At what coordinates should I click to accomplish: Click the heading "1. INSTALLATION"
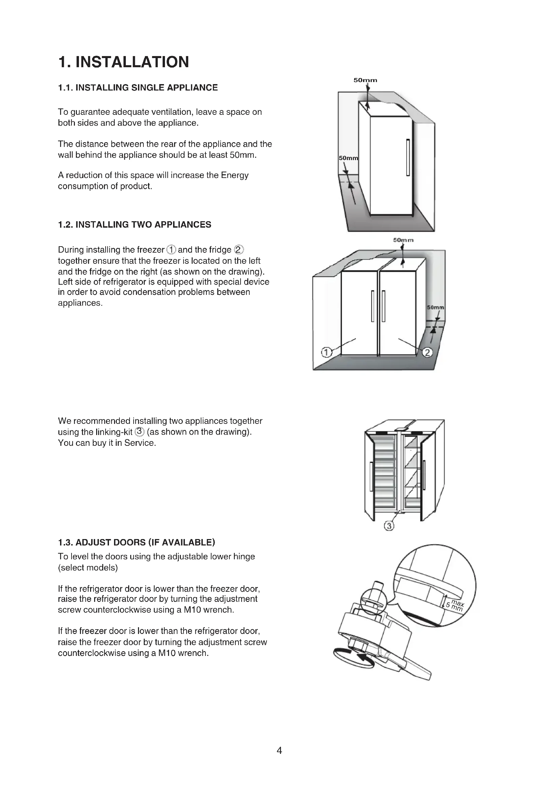pos(124,62)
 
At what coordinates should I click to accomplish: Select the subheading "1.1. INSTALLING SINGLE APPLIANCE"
pos(138,88)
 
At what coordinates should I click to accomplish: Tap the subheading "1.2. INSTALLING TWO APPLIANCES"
pos(134,225)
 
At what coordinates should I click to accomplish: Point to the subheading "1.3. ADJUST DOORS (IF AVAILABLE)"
pos(136,543)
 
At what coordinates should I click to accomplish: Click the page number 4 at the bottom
pos(279,750)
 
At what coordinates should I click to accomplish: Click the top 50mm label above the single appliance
pos(365,80)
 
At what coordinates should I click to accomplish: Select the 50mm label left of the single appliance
pos(348,158)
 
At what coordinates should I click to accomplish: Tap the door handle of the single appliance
pos(408,158)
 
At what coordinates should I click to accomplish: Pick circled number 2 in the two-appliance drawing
pos(427,352)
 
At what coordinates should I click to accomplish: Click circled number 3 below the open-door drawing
pos(389,526)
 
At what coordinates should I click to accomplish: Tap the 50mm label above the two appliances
pos(403,240)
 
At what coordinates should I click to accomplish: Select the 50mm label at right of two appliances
pos(435,308)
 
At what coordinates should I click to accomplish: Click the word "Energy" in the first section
pos(235,176)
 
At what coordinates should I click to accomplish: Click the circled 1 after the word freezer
pos(171,250)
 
